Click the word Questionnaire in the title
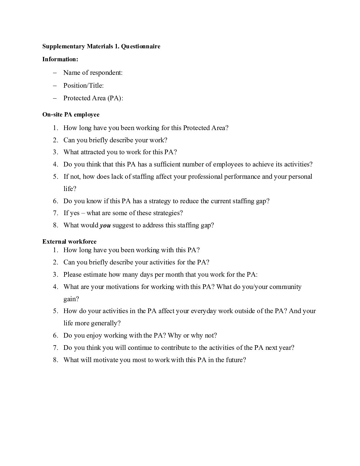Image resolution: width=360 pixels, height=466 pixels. (x=141, y=46)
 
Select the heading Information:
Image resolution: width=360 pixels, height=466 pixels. (x=60, y=59)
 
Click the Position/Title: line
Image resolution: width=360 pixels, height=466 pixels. (x=83, y=85)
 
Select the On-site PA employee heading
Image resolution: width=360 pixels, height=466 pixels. (x=71, y=115)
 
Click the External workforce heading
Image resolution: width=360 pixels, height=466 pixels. (x=69, y=242)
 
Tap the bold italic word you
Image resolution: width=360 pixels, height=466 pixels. (x=105, y=225)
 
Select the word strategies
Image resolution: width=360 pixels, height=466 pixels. (x=166, y=213)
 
